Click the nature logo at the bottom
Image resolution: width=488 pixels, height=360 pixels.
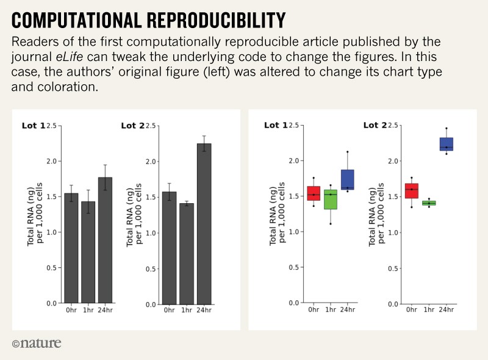pos(37,343)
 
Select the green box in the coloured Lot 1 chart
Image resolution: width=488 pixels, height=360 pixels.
pos(331,200)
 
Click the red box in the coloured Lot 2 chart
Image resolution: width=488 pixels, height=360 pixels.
pos(412,191)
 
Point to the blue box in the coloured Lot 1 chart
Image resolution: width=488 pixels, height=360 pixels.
pos(348,179)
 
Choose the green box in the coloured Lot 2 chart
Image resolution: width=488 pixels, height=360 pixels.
pos(429,203)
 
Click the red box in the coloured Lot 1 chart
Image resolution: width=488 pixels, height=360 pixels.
pos(314,193)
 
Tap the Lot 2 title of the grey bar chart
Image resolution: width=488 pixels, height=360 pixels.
pos(132,126)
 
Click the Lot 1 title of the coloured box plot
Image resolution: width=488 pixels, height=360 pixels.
pos(275,126)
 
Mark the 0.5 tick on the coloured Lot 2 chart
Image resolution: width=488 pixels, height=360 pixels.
pos(393,268)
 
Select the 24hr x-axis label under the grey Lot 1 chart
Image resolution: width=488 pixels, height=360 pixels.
pos(106,310)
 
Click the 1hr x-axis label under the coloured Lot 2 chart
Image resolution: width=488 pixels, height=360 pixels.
pos(429,310)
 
